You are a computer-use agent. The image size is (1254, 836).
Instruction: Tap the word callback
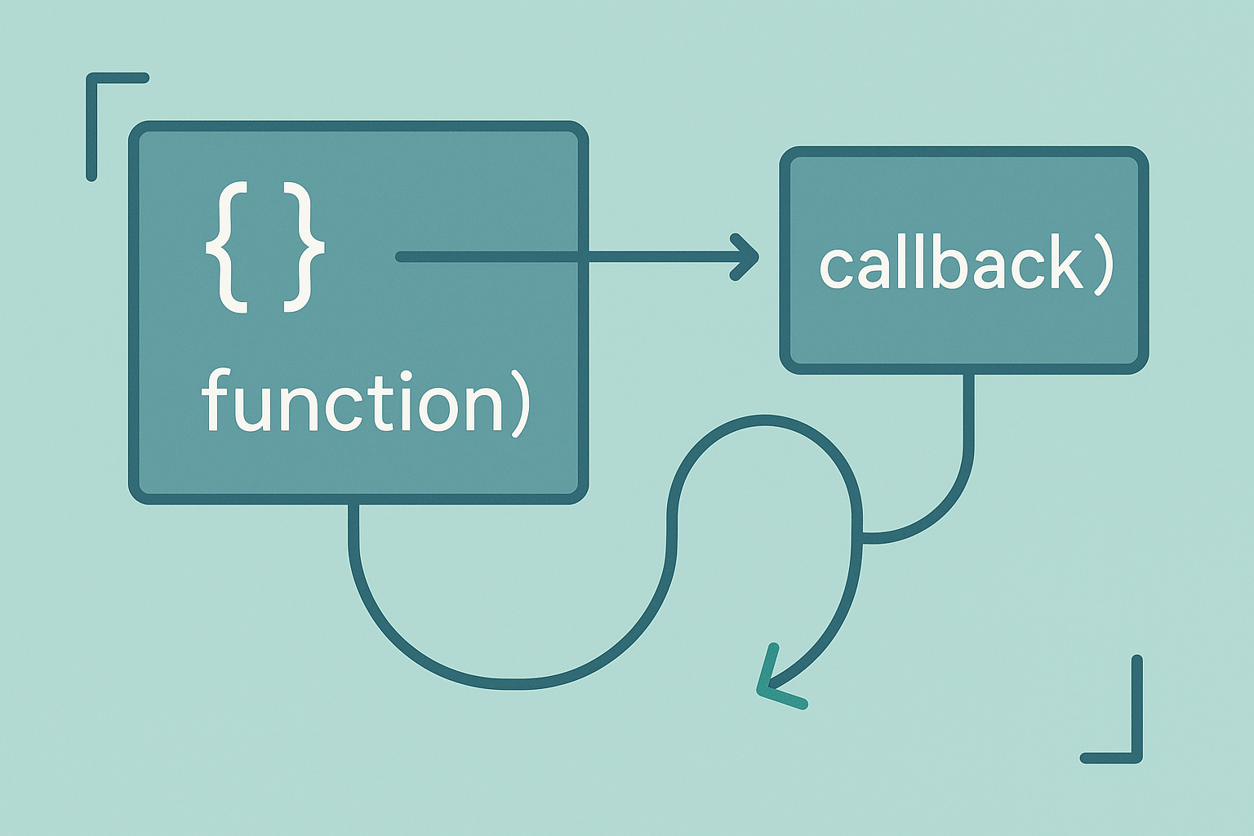coord(950,264)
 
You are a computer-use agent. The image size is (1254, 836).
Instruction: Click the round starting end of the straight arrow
coord(401,257)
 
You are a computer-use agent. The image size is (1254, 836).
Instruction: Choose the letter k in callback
coord(1063,262)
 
